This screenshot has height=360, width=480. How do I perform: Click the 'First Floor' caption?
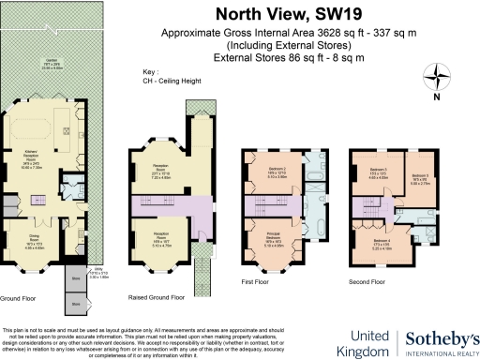click(256, 279)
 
